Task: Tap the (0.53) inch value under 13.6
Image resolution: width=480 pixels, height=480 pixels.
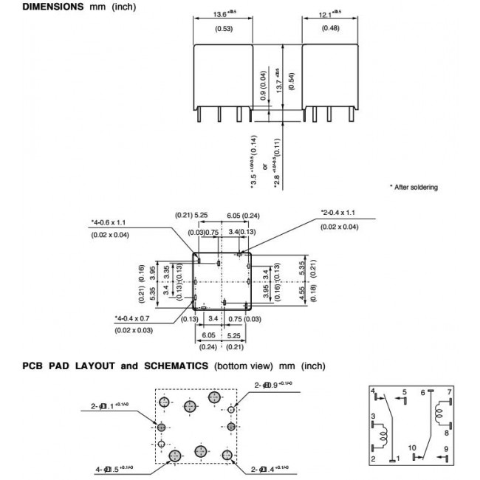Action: [222, 30]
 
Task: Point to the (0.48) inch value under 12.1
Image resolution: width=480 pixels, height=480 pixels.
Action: [330, 30]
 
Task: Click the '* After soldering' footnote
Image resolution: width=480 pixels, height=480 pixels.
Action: [413, 188]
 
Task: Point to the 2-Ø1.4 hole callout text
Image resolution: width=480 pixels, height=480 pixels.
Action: [272, 469]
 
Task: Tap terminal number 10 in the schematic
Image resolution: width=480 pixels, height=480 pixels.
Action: [412, 448]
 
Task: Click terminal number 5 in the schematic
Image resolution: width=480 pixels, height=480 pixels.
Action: [405, 392]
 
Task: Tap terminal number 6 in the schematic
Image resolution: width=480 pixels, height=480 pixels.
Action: [422, 392]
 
